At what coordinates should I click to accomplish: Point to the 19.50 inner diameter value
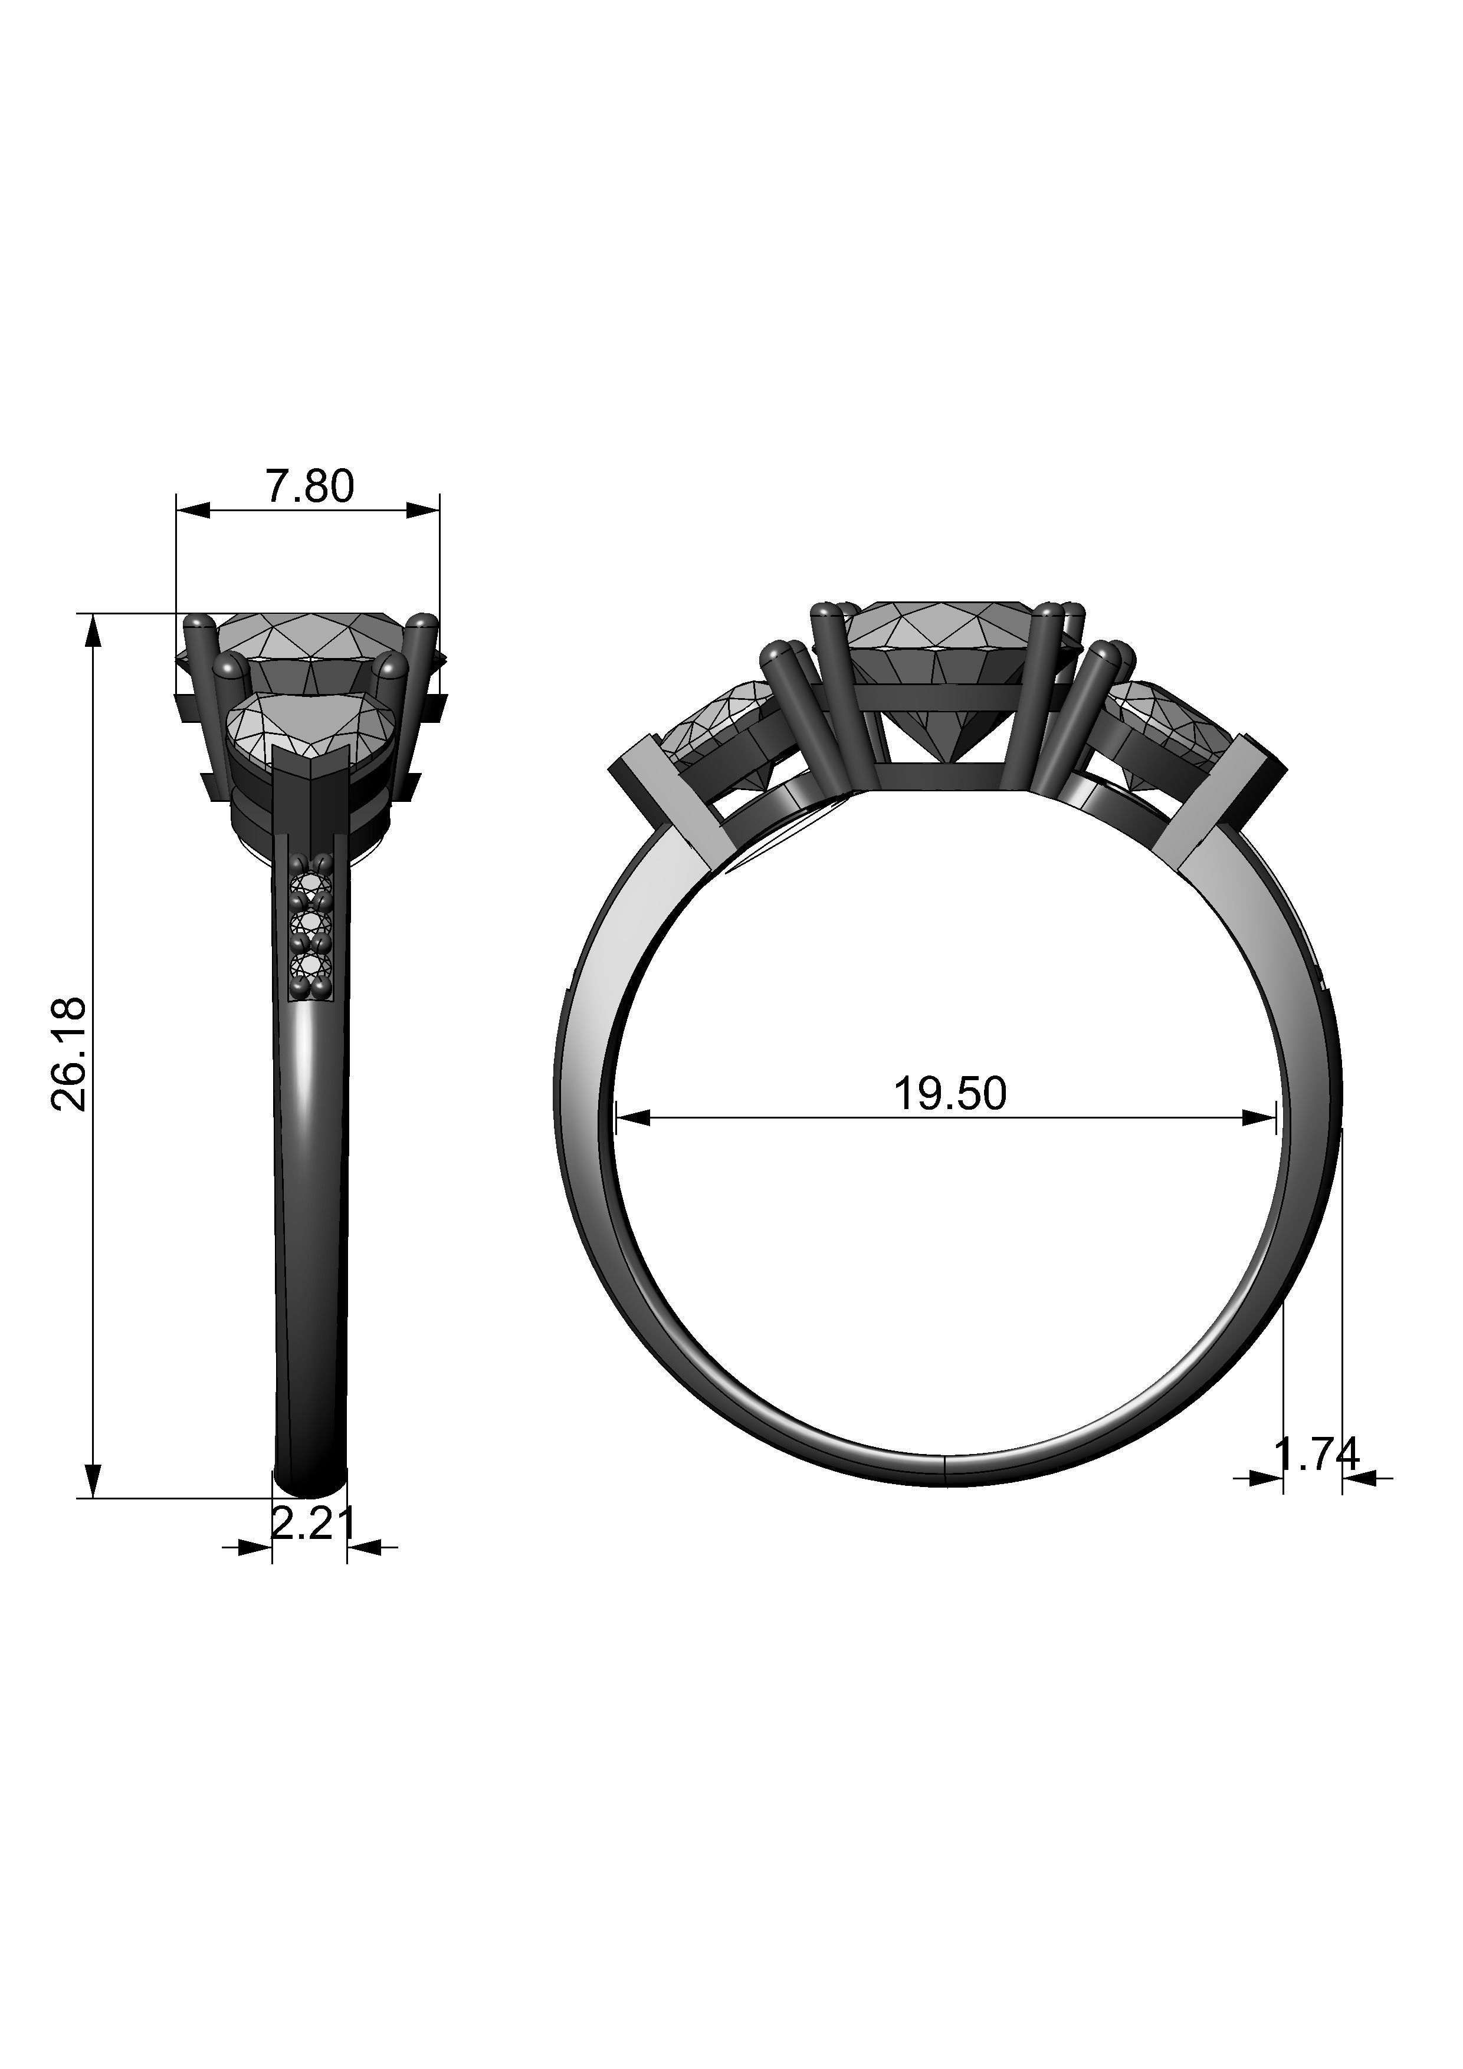pyautogui.click(x=949, y=1094)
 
